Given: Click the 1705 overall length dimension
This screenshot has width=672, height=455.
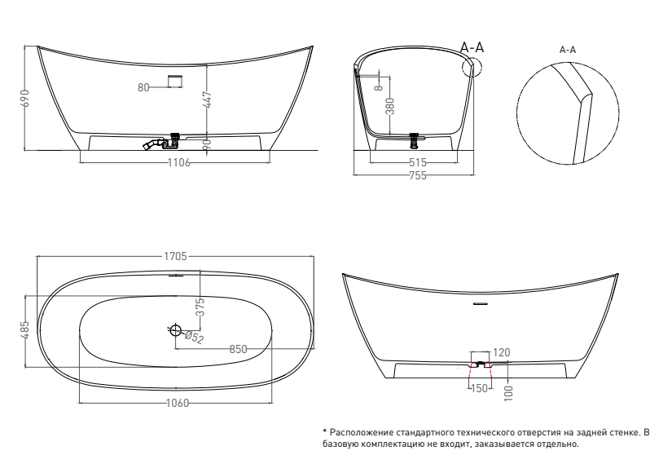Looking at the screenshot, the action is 175,256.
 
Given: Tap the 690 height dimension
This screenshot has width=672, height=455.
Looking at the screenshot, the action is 25,98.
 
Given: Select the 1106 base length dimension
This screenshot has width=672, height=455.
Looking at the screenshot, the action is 178,162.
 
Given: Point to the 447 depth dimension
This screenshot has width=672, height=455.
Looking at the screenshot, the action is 207,99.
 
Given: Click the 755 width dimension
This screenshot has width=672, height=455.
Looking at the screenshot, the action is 418,175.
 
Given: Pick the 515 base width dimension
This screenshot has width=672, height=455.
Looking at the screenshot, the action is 418,162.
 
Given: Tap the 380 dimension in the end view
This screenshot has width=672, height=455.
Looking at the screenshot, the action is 390,106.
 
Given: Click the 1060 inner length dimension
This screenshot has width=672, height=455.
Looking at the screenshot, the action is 177,403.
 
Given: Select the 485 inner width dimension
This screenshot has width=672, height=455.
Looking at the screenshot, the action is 25,330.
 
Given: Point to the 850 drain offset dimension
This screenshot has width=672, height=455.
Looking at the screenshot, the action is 239,349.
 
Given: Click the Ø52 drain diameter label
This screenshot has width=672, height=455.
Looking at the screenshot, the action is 194,338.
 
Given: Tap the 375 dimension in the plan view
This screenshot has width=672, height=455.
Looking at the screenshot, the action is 200,307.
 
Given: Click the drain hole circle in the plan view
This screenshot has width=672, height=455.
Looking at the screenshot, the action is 176,330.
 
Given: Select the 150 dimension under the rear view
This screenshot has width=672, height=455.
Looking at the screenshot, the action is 479,388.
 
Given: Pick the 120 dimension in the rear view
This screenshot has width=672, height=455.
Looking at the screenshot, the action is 502,352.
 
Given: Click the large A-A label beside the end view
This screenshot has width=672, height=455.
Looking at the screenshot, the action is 472,47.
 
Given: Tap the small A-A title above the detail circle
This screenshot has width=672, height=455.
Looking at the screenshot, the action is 568,50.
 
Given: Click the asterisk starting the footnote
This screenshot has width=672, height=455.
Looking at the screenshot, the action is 325,431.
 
